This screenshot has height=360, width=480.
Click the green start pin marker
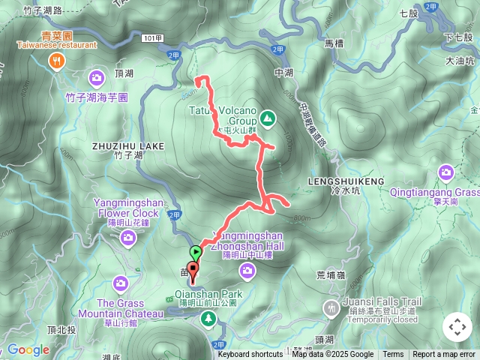pyautogui.click(x=196, y=253)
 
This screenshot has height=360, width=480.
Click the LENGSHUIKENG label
pyautogui.click(x=346, y=181)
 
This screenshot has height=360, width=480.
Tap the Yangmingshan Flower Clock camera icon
pyautogui.click(x=127, y=238)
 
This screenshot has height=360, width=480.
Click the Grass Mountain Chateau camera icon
pyautogui.click(x=121, y=283)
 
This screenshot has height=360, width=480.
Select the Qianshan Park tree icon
pyautogui.click(x=208, y=319)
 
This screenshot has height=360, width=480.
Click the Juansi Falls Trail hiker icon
pyautogui.click(x=331, y=307)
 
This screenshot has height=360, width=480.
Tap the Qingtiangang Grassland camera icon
pyautogui.click(x=445, y=174)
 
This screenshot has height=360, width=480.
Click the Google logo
pyautogui.click(x=28, y=349)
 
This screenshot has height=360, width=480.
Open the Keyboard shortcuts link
pyautogui.click(x=250, y=355)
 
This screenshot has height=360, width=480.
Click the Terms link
pyautogui.click(x=393, y=355)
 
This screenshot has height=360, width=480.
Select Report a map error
pyautogui.click(x=444, y=355)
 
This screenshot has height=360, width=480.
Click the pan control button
pyautogui.click(x=457, y=327)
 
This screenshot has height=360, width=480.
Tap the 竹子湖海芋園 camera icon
pyautogui.click(x=97, y=78)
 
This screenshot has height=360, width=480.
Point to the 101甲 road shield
pyautogui.click(x=151, y=37)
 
